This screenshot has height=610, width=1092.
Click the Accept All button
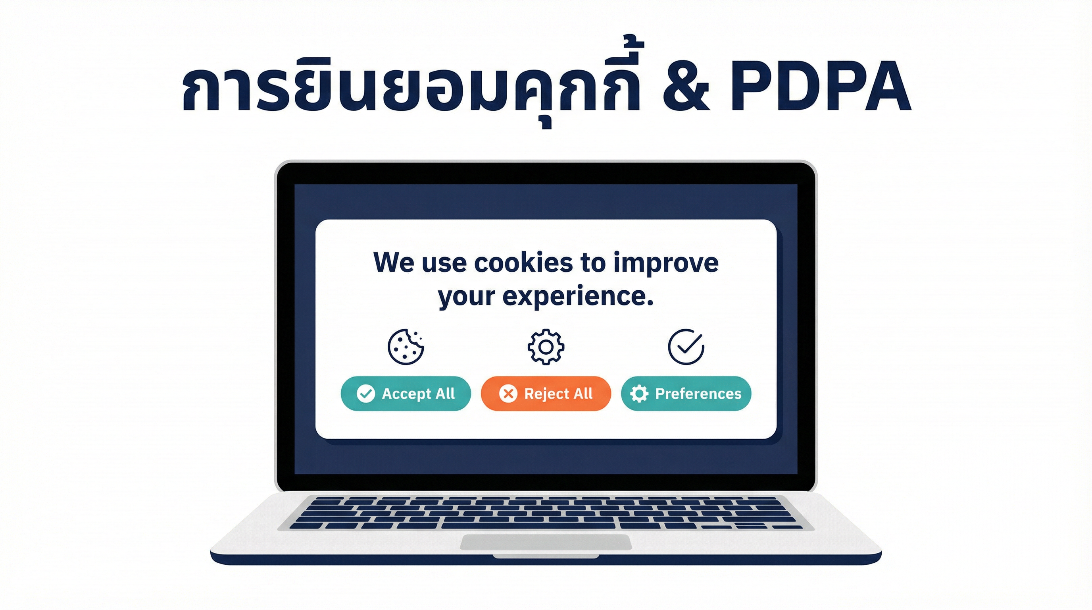pyautogui.click(x=406, y=393)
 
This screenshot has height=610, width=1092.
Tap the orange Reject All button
pyautogui.click(x=546, y=393)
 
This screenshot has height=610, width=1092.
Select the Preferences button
pyautogui.click(x=686, y=393)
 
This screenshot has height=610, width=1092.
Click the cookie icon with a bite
pyautogui.click(x=406, y=347)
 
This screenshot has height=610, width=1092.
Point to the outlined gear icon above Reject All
pyautogui.click(x=546, y=347)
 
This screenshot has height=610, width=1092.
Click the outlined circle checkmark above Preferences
pyautogui.click(x=686, y=347)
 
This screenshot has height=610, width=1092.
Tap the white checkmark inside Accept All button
pyautogui.click(x=365, y=393)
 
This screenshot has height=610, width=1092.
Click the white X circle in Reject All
pyautogui.click(x=508, y=393)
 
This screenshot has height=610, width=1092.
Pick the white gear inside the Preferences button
pyautogui.click(x=639, y=393)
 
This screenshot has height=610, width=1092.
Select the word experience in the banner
pyautogui.click(x=577, y=297)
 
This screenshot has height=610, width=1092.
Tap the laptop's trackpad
pyautogui.click(x=546, y=542)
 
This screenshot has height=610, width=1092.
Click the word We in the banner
pyautogui.click(x=394, y=263)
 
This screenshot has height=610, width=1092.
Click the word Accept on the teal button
pyautogui.click(x=406, y=394)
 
